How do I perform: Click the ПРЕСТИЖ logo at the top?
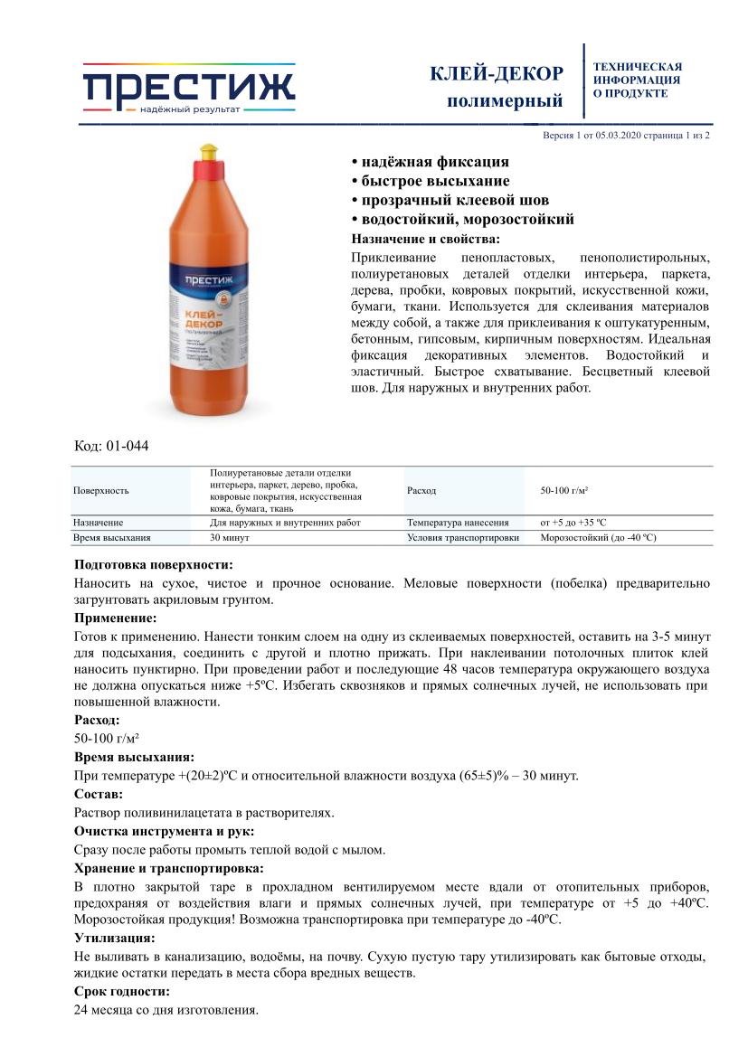point(189,89)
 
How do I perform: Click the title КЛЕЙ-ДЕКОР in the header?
point(497,74)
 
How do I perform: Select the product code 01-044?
point(128,446)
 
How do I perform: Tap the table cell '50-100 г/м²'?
point(565,490)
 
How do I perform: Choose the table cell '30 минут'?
point(230,537)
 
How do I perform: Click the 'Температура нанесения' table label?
point(458,523)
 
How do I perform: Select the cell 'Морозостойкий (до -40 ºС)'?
point(598,537)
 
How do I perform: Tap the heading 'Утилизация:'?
point(114,938)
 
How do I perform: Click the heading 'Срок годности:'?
point(121,992)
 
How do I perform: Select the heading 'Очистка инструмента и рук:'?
point(164,831)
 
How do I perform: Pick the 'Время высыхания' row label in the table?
point(112,537)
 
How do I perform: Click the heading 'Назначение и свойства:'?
point(425,239)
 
